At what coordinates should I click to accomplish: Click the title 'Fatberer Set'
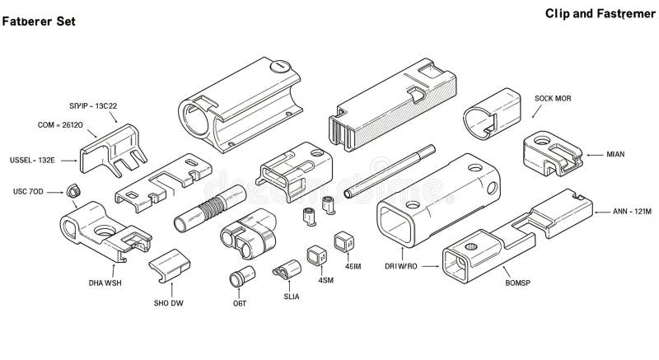pyautogui.click(x=39, y=21)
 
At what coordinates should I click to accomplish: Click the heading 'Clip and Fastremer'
pyautogui.click(x=599, y=14)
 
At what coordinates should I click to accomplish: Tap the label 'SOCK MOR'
pyautogui.click(x=553, y=98)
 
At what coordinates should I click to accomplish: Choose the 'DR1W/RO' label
pyautogui.click(x=402, y=266)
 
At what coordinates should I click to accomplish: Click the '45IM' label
pyautogui.click(x=352, y=266)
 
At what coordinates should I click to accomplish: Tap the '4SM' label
pyautogui.click(x=325, y=279)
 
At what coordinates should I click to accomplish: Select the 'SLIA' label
pyautogui.click(x=290, y=296)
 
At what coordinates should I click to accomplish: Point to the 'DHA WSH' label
pyautogui.click(x=105, y=283)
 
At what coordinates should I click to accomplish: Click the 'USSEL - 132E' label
pyautogui.click(x=32, y=159)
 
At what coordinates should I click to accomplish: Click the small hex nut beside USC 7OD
pyautogui.click(x=72, y=191)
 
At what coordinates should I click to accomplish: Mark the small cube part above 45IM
pyautogui.click(x=344, y=242)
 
